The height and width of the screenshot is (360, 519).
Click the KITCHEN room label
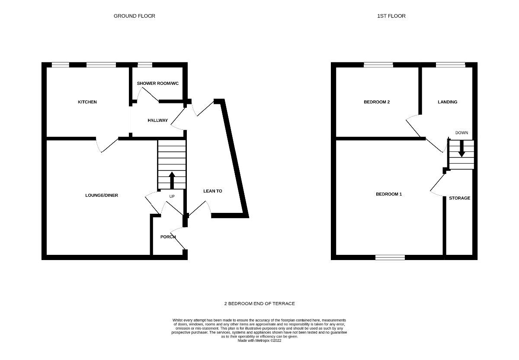[87, 102]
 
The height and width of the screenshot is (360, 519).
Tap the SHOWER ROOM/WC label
[158, 83]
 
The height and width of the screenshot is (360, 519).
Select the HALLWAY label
[157, 120]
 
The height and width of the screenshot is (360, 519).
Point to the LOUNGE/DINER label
[102, 196]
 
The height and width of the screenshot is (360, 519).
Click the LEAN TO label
[213, 191]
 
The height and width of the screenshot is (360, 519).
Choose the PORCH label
[168, 237]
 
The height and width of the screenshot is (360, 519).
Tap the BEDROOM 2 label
[377, 102]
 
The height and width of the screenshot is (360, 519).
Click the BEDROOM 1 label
[389, 194]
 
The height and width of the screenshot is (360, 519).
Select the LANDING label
[447, 102]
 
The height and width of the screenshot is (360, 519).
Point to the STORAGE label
[459, 198]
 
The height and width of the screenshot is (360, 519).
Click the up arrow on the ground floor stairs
[172, 180]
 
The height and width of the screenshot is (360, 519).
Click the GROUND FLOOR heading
[135, 16]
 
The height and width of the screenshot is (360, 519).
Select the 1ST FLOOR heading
[391, 16]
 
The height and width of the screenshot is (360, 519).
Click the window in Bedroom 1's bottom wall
[390, 257]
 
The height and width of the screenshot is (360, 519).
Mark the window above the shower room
[145, 65]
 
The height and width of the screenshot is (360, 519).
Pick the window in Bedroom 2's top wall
[378, 65]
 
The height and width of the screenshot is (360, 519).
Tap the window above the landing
[450, 65]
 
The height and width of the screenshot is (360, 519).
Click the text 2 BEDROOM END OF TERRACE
[259, 304]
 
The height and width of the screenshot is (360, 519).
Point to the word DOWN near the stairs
[461, 133]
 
